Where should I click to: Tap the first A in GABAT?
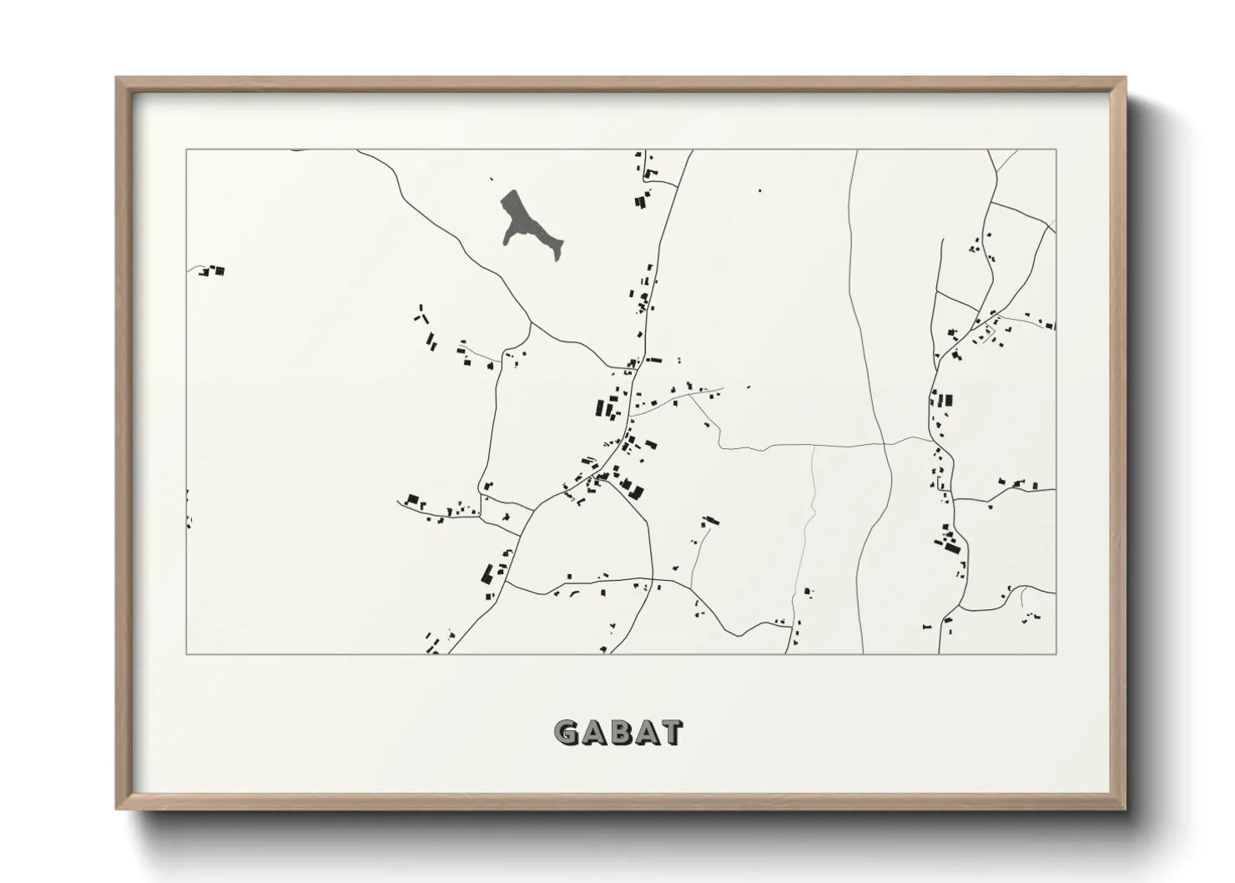point(592,733)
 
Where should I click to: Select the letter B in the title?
point(618,733)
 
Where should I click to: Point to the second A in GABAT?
point(644,733)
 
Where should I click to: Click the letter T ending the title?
point(671,733)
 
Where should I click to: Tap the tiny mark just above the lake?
point(491,179)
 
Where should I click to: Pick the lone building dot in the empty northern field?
point(759,190)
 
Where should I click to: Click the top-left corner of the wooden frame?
point(117,78)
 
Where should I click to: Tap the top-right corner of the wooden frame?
point(1126,78)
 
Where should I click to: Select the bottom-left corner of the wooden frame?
point(117,809)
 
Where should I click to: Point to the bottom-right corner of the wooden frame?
point(1126,809)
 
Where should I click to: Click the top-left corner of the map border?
point(186,149)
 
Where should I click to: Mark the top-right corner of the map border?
point(1056,149)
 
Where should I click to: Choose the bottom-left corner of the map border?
point(186,653)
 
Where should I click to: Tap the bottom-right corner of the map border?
point(1056,653)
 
